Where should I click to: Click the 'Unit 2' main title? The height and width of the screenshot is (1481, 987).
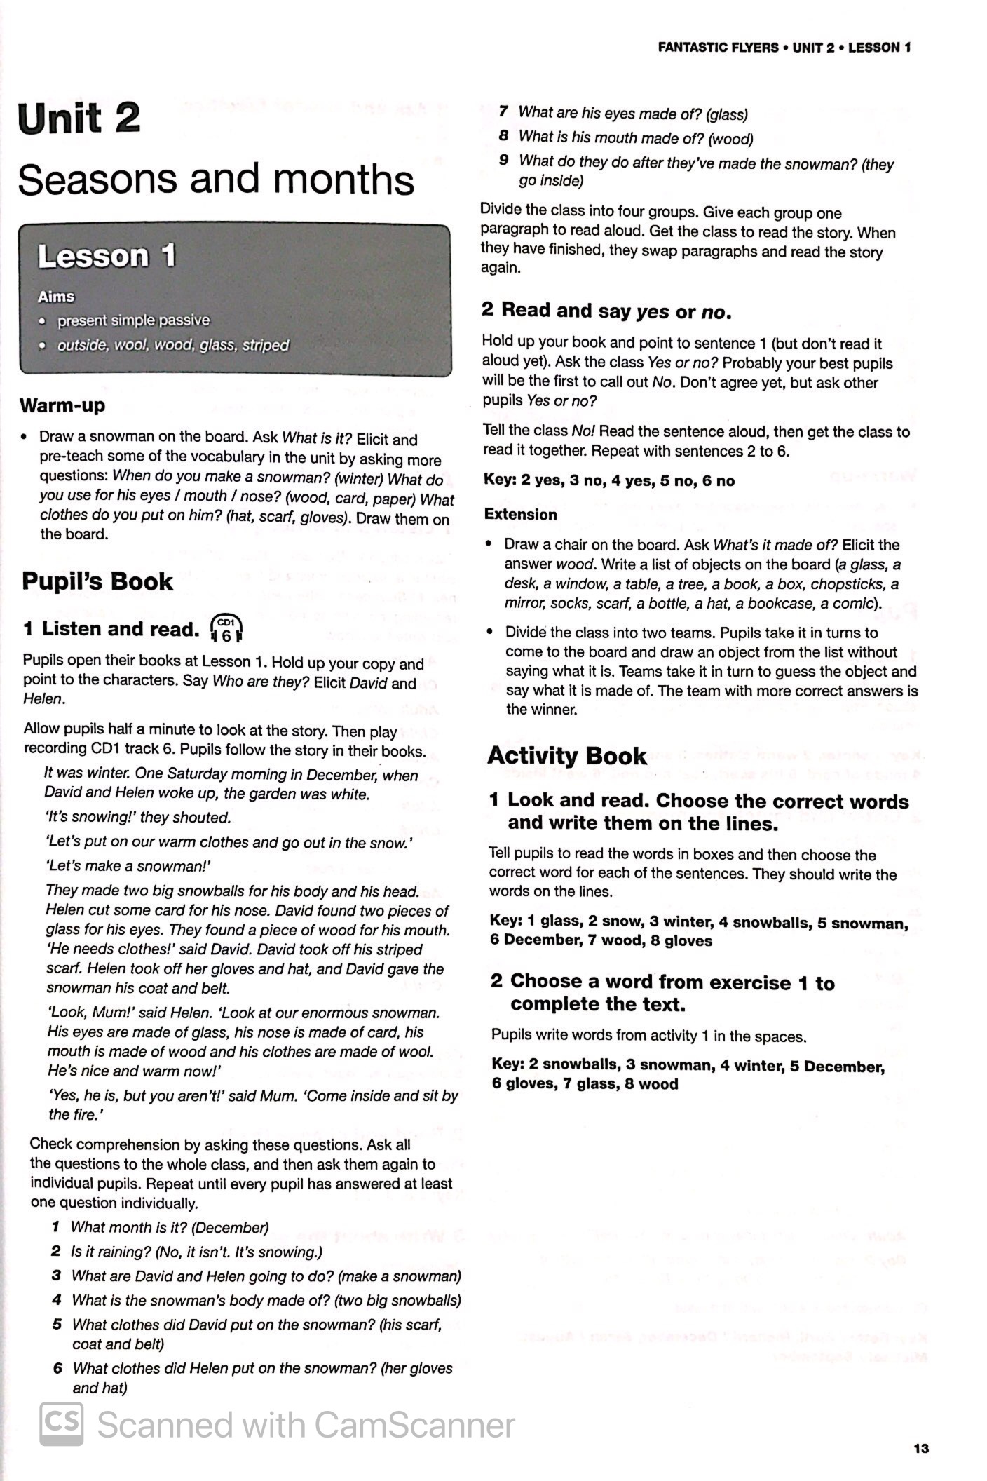79,119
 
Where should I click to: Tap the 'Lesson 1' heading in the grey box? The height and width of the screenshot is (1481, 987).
106,256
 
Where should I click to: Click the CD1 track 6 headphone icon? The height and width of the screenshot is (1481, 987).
226,629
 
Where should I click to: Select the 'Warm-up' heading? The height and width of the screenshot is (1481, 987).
62,405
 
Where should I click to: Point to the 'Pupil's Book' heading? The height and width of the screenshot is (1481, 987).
97,581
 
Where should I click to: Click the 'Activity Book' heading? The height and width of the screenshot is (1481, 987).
566,755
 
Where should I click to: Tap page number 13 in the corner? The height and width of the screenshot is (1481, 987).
921,1448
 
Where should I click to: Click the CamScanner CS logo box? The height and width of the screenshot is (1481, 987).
61,1424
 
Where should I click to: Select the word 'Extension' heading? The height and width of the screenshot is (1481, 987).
520,514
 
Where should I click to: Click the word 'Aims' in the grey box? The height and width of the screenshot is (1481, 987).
56,297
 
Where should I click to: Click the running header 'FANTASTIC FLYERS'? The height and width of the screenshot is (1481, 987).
718,48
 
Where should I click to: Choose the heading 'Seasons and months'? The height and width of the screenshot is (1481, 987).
215,180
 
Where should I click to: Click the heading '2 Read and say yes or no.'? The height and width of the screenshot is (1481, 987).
606,311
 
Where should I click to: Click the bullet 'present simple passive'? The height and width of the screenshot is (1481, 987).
133,320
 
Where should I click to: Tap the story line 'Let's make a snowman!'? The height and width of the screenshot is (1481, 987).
128,865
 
